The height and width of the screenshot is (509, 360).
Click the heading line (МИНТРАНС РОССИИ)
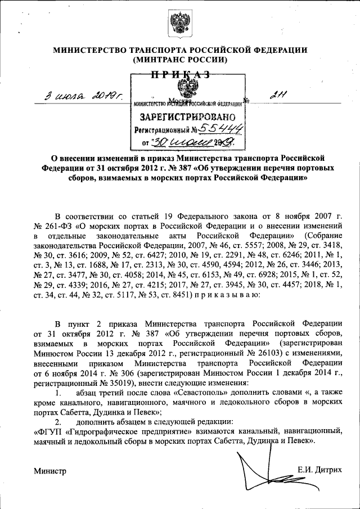click(x=180, y=59)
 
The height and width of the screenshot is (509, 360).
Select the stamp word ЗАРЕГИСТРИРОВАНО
click(x=188, y=117)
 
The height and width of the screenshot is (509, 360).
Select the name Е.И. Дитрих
click(x=320, y=470)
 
